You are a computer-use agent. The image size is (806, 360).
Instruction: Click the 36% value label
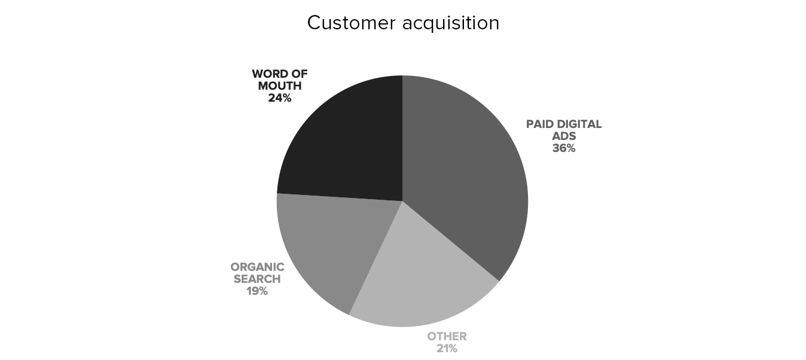point(564,148)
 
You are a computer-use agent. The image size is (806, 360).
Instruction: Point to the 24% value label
point(280,98)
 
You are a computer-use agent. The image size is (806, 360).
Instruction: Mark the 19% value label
point(257,291)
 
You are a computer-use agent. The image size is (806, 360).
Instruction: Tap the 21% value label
point(447,348)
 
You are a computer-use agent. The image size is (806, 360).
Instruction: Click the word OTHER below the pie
point(447,336)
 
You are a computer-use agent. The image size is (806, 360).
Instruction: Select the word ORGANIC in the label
point(257,267)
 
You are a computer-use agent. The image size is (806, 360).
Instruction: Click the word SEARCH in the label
point(257,279)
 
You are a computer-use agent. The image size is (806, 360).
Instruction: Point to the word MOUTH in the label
point(280,86)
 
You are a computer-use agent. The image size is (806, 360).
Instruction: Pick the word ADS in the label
point(564,136)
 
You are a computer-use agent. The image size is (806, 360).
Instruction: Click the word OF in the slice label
point(300,74)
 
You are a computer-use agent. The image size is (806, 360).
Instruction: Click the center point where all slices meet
point(402,201)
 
